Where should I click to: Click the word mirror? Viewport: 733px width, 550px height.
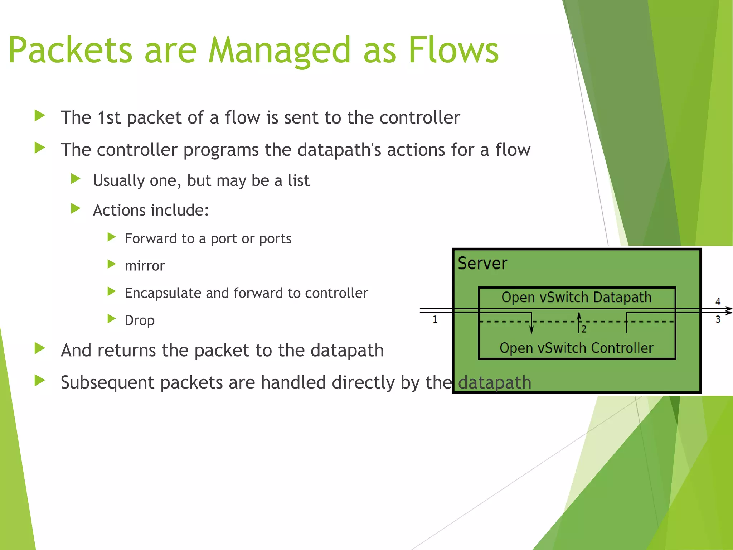point(145,266)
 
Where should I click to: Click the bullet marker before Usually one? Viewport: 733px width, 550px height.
point(76,179)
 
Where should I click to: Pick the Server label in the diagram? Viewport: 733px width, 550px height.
point(482,264)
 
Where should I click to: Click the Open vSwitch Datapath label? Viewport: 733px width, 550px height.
point(576,298)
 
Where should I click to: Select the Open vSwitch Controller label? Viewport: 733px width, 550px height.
point(576,348)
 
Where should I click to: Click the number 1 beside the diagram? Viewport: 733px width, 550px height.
point(435,319)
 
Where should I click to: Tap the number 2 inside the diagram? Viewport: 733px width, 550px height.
point(584,329)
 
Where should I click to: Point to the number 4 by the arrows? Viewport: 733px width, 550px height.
point(718,301)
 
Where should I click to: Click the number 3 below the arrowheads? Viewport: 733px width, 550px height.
point(718,319)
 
